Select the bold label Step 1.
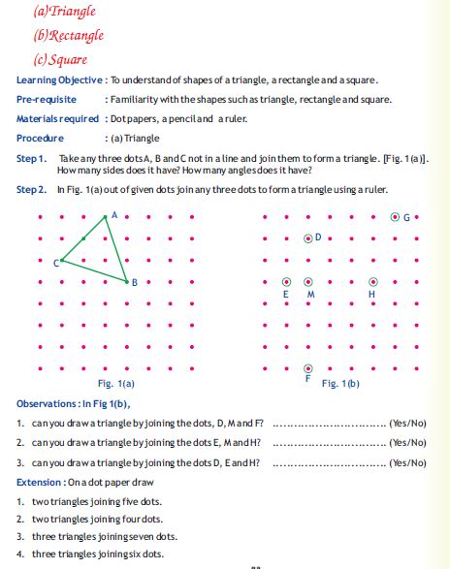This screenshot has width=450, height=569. (x=32, y=157)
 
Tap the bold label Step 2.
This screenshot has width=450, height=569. (x=32, y=189)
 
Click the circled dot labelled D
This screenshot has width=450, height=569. (x=308, y=237)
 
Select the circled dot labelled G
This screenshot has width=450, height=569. (x=396, y=216)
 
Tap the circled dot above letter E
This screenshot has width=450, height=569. (x=286, y=281)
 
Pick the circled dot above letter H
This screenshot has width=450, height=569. (x=373, y=281)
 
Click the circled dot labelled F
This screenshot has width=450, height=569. (x=308, y=368)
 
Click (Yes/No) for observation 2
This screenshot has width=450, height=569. (x=406, y=442)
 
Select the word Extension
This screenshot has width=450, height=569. (x=38, y=482)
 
